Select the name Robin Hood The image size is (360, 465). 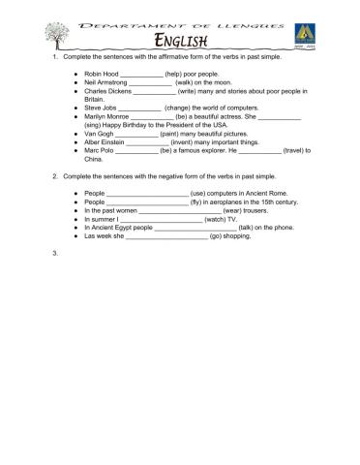point(101,73)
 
